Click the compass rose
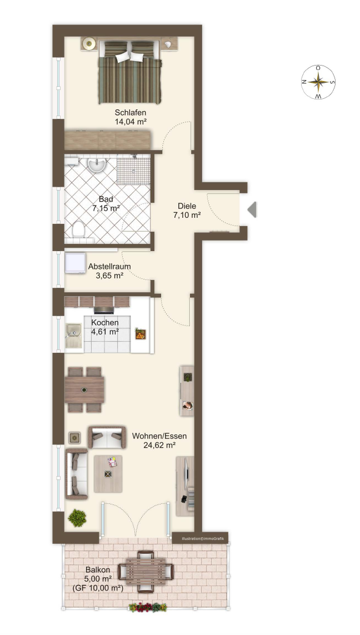click(x=318, y=82)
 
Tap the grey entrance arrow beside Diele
click(x=252, y=209)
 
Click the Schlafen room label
click(x=131, y=113)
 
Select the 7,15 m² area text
click(x=106, y=208)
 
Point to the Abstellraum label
click(x=109, y=267)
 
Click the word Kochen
click(x=105, y=323)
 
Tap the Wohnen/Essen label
click(x=159, y=436)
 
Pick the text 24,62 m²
click(x=159, y=446)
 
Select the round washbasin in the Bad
click(x=97, y=165)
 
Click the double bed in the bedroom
click(x=129, y=72)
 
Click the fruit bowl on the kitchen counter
click(x=140, y=334)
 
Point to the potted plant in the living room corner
click(x=77, y=518)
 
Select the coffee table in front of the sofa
click(x=108, y=474)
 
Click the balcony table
click(x=146, y=572)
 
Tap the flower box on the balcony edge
click(x=148, y=607)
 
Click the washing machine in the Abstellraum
click(x=76, y=264)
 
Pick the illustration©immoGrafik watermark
click(x=202, y=539)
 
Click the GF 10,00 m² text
click(x=98, y=588)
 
